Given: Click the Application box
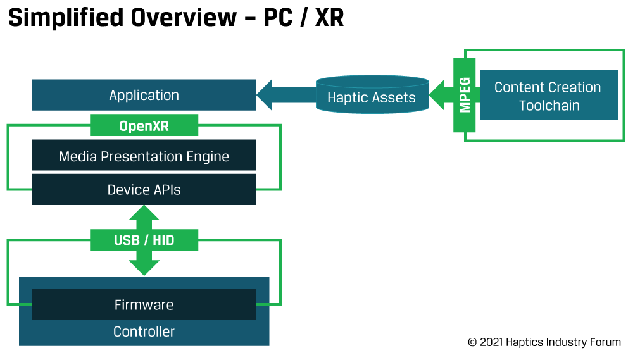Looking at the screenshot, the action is pos(144,95).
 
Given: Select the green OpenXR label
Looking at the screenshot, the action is pos(144,125).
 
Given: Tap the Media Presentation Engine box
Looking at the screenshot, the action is pos(144,155).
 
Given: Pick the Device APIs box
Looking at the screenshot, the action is pos(144,189).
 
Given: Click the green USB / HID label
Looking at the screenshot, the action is pos(144,240).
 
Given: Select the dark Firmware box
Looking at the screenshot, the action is pos(144,304).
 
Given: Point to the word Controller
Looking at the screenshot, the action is pos(144,332).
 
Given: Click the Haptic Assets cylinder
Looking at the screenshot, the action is pos(372,94).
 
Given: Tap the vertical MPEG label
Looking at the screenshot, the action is pos(465,95).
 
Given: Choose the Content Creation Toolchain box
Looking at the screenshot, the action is pos(549,95).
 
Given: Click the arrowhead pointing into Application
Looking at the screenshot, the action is pos(264,95).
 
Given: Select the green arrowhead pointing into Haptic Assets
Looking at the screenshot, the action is pos(437,95).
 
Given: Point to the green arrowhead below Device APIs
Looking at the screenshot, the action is pos(144,213).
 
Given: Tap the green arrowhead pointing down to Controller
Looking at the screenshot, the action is pos(144,268).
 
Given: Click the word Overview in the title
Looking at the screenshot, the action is pos(184,18).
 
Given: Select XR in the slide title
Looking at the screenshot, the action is pos(329,18).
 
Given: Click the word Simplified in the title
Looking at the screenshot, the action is pos(66,18).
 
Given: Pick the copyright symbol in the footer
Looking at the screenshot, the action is pos(472,342).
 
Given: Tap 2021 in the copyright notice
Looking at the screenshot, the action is pos(491,342).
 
